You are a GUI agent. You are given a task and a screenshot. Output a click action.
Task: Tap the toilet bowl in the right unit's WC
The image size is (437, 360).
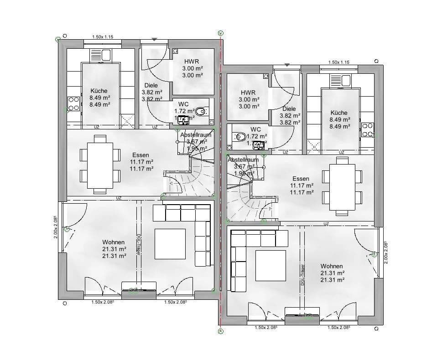point(239,136)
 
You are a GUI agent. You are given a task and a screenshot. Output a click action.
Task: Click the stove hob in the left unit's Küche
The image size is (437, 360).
point(73,104)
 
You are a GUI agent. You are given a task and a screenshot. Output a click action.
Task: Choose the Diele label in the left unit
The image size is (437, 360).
point(151,85)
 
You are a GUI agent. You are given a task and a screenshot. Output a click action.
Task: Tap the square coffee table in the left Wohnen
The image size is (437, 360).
point(170,243)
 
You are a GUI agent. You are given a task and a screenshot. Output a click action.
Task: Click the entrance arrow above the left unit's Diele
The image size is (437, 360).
point(155,40)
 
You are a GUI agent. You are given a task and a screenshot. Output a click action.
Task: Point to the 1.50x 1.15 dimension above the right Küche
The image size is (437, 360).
point(338,62)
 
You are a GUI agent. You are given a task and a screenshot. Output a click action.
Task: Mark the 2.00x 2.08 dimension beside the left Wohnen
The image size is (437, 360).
point(56,228)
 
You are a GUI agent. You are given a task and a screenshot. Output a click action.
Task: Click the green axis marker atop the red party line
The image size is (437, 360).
point(220,33)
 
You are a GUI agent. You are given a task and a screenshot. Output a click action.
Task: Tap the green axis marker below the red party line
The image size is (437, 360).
point(220,331)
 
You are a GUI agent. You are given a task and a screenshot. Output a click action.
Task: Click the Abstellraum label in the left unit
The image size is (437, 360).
point(196,135)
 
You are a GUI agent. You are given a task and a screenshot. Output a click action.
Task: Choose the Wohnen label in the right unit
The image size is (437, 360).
point(332,266)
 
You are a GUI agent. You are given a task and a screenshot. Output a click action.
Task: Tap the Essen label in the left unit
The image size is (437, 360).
point(141,155)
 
